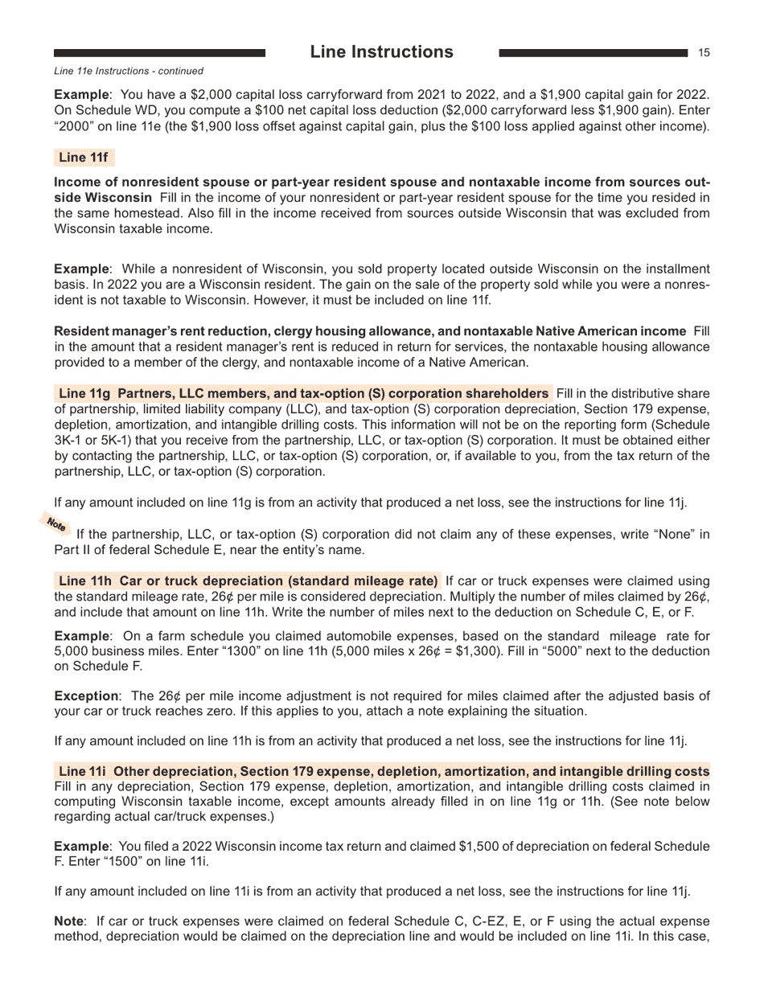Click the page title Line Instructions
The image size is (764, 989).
[x=381, y=52]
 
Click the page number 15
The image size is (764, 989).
[x=704, y=53]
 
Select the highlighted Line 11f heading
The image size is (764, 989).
[x=83, y=158]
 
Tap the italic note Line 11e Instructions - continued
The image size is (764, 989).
[x=129, y=71]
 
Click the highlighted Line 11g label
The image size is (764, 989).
[x=84, y=393]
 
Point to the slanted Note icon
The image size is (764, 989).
[x=56, y=524]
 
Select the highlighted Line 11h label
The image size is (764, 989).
[x=85, y=581]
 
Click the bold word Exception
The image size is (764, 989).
[x=86, y=696]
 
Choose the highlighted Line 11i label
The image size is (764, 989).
[x=83, y=771]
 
